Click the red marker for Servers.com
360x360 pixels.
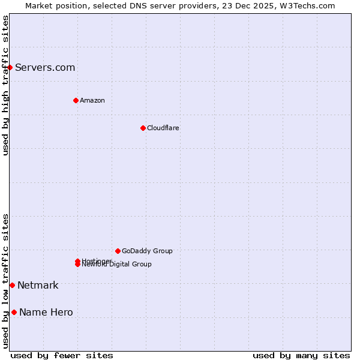(10, 67)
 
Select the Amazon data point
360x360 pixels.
(76, 100)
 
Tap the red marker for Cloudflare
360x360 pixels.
(143, 128)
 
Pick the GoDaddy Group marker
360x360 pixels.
(118, 251)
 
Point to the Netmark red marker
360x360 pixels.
(12, 285)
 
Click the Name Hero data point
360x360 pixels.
(14, 312)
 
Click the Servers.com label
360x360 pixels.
(45, 67)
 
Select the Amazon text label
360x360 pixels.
(92, 100)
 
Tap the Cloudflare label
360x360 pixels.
(163, 128)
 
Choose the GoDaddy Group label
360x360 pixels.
(147, 251)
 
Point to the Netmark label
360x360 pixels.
(38, 285)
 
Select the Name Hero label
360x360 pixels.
(46, 312)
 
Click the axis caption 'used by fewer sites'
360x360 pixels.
(62, 355)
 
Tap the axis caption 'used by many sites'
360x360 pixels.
(301, 355)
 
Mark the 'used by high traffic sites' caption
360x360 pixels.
(5, 85)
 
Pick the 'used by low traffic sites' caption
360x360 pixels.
(5, 281)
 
